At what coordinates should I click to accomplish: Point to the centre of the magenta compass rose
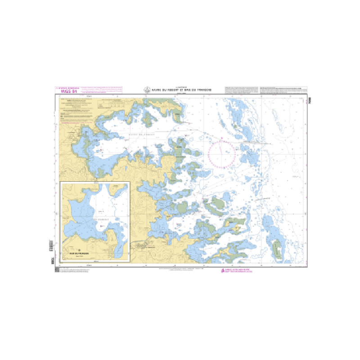222,154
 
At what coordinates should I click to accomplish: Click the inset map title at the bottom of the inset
79,253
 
